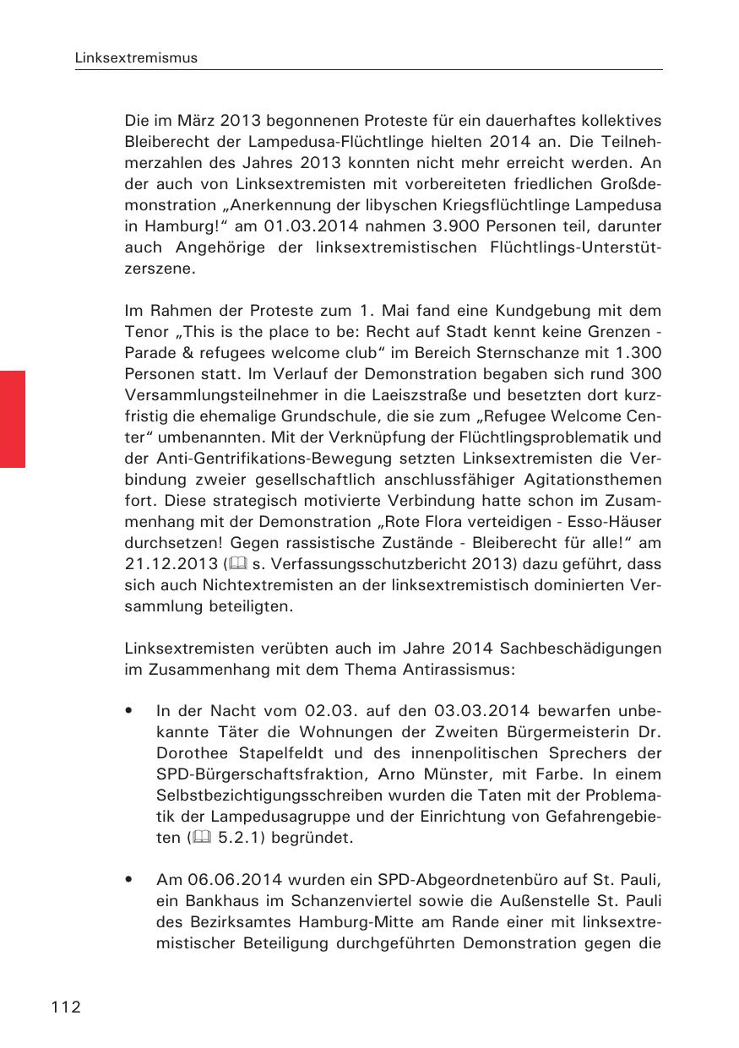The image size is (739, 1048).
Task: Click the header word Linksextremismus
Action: (136, 58)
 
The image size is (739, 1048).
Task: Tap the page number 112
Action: (65, 1007)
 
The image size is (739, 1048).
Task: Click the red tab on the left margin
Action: (13, 418)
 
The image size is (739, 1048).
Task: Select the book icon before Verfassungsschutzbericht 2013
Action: (202, 563)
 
